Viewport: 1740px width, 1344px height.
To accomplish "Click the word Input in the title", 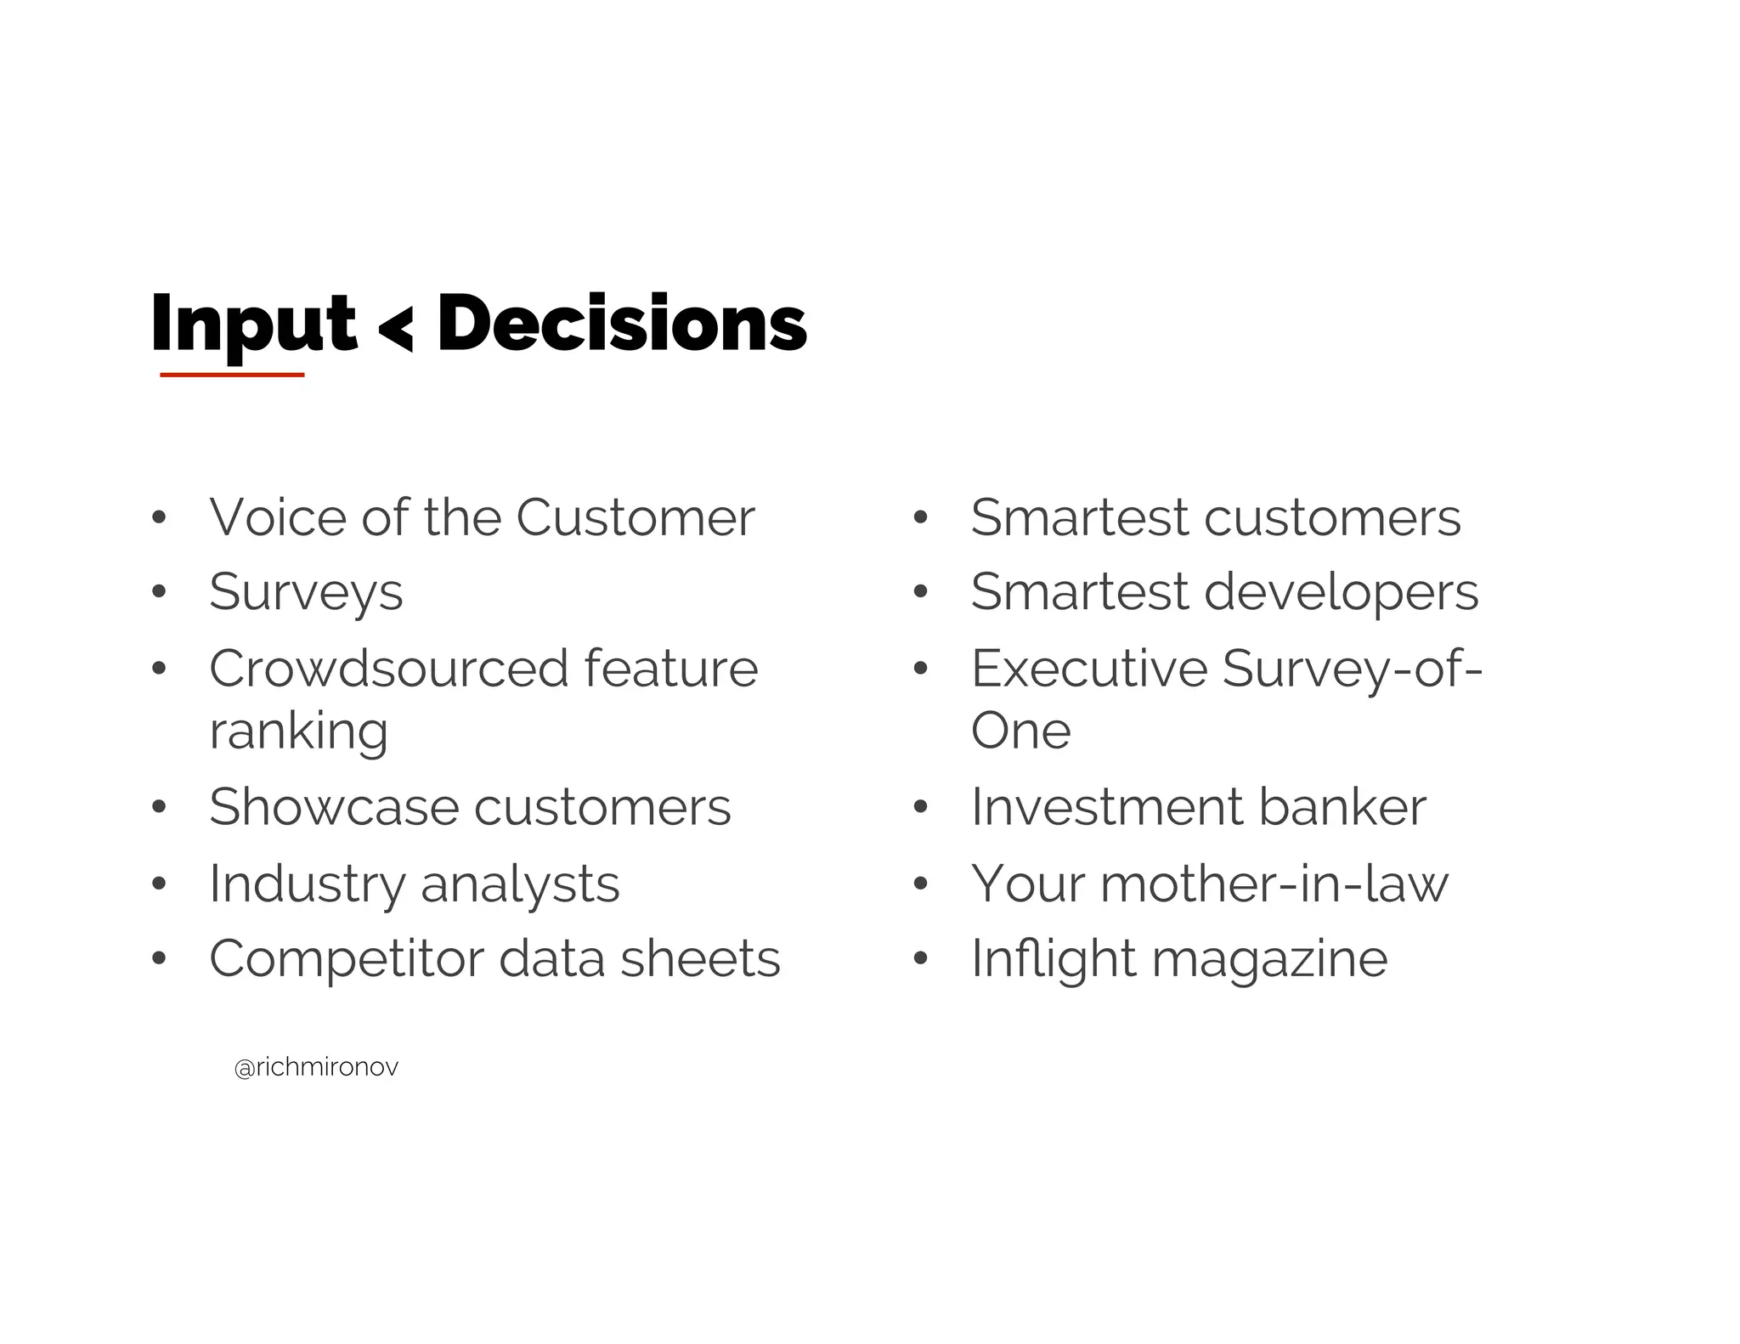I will pyautogui.click(x=252, y=325).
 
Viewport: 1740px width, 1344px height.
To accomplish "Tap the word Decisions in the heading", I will pyautogui.click(x=621, y=324).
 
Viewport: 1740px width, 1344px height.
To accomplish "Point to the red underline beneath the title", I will pyautogui.click(x=232, y=374).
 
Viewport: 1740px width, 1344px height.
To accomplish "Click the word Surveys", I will pyautogui.click(x=306, y=592).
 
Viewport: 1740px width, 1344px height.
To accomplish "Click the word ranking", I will pyautogui.click(x=298, y=731).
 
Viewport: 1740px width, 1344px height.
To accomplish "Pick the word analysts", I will pyautogui.click(x=520, y=884).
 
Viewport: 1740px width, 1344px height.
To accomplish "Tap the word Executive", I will pyautogui.click(x=1088, y=669).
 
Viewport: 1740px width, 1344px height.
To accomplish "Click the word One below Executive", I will pyautogui.click(x=1020, y=731).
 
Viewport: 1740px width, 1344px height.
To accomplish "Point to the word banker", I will pyautogui.click(x=1342, y=806).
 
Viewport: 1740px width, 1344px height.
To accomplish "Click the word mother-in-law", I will pyautogui.click(x=1274, y=884).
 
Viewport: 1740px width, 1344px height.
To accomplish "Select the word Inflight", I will pyautogui.click(x=1053, y=959).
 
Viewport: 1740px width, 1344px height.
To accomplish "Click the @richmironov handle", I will pyautogui.click(x=316, y=1068).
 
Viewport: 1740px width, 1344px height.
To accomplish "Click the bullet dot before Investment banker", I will pyautogui.click(x=920, y=808).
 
